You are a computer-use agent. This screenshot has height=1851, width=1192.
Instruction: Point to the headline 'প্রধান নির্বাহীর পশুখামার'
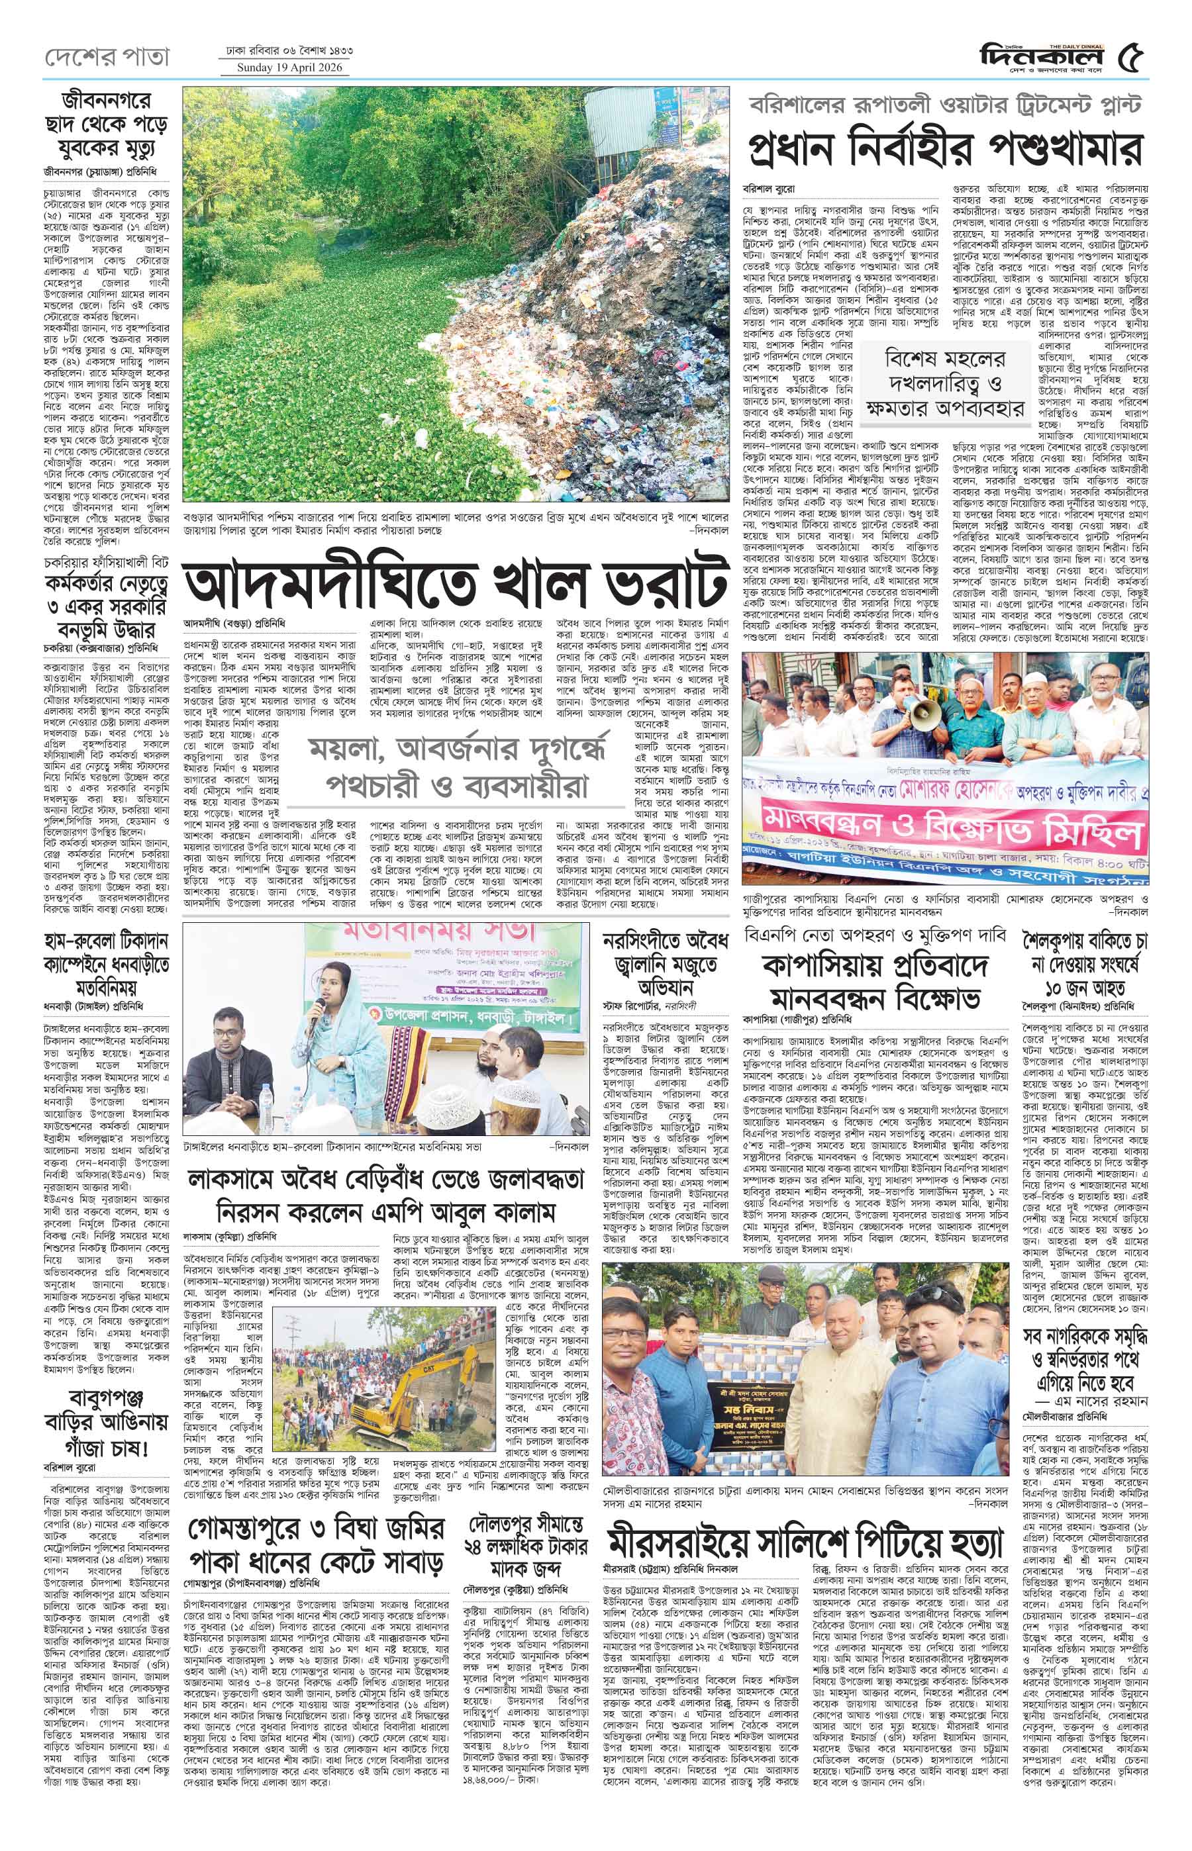pyautogui.click(x=944, y=146)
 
